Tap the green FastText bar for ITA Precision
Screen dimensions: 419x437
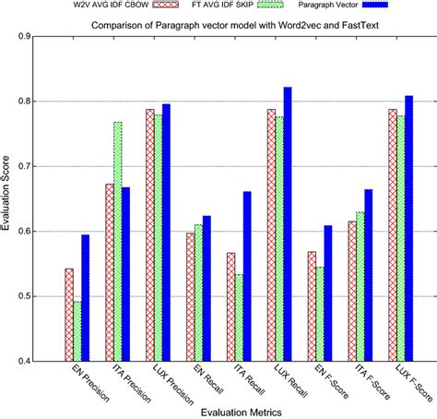point(117,241)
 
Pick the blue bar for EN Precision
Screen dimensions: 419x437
point(85,297)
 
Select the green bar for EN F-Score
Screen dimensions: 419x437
point(318,314)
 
